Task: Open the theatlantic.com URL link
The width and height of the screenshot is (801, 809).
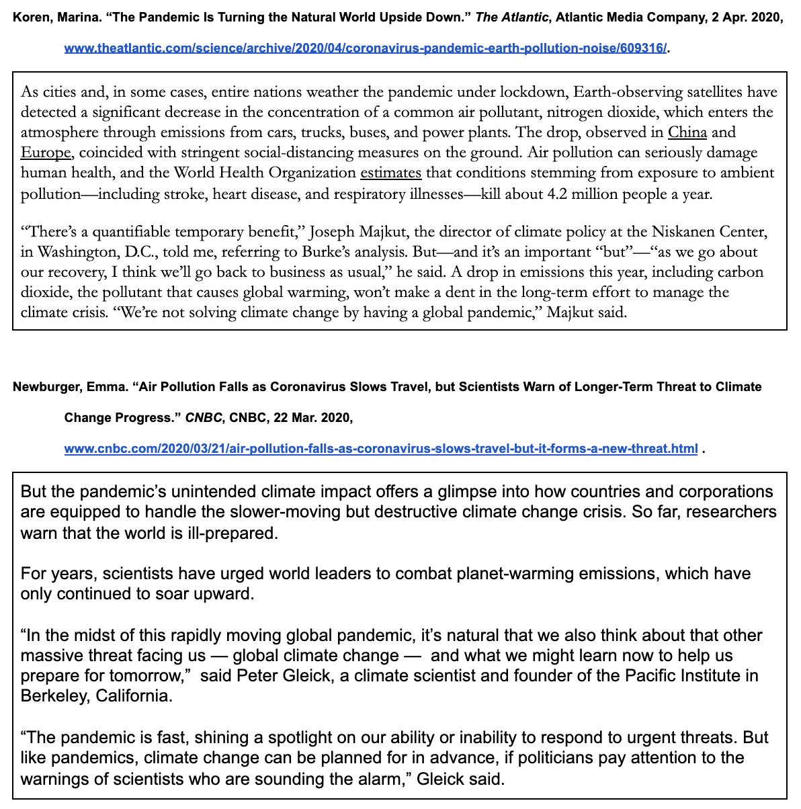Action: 366,48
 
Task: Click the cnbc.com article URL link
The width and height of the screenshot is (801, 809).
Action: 380,448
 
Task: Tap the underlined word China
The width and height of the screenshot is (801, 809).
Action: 687,132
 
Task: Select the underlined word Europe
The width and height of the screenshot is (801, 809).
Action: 45,153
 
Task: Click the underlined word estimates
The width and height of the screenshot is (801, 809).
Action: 390,173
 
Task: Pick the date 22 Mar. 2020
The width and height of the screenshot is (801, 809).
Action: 312,418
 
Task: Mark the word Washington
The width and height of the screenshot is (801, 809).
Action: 74,253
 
